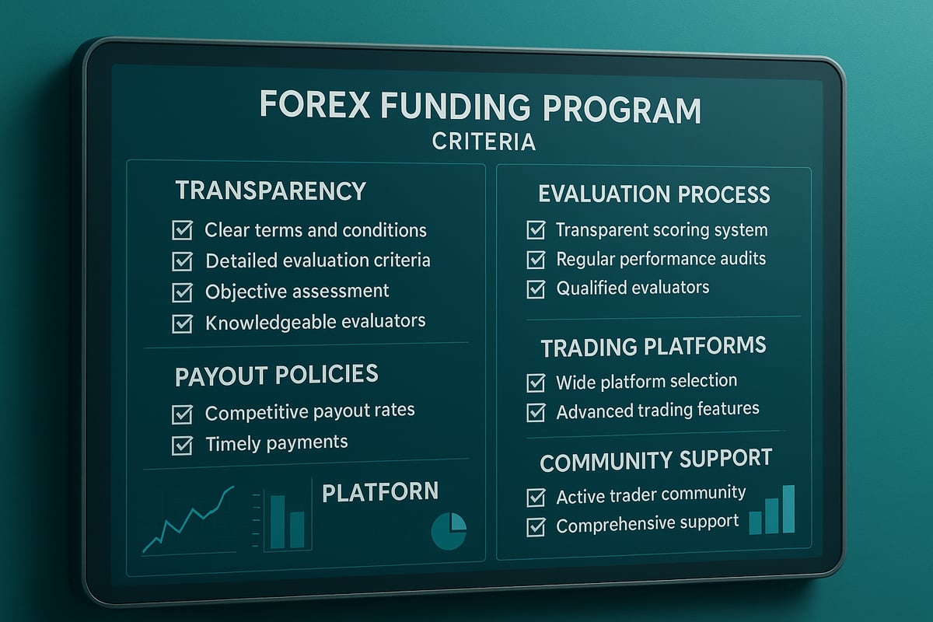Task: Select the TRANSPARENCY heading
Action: point(270,190)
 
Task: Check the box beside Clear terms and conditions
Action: point(182,231)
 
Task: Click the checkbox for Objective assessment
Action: point(182,292)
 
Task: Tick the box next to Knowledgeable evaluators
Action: point(182,323)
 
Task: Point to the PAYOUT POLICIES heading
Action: point(276,376)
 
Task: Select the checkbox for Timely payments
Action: point(182,445)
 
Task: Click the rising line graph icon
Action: point(189,519)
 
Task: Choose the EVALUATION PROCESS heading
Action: point(654,194)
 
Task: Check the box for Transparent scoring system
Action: point(536,230)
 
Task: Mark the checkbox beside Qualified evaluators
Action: point(536,289)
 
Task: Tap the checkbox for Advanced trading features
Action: point(536,412)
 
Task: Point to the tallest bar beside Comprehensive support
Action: point(788,509)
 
